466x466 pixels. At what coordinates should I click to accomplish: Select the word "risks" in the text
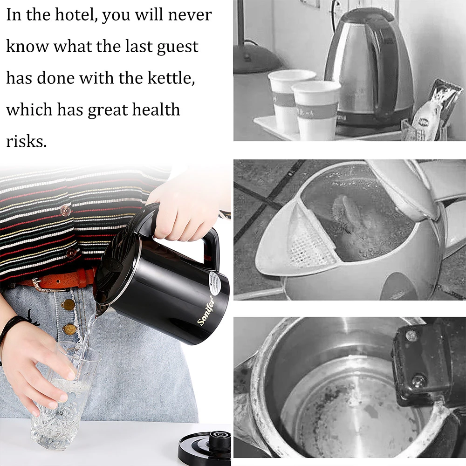[26, 142]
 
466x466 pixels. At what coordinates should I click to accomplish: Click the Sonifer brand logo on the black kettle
[206, 310]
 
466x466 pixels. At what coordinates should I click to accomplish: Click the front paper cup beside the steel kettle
[316, 110]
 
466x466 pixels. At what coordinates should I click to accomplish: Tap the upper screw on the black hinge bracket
[411, 336]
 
